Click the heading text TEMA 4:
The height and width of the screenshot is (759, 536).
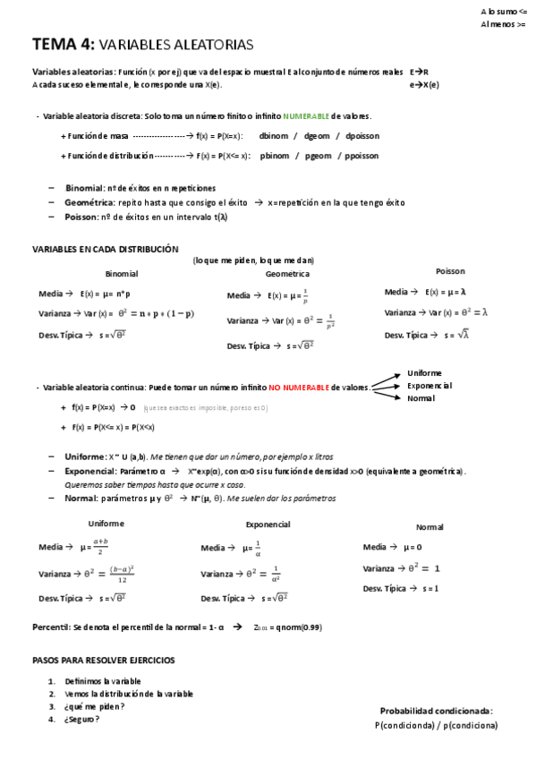(63, 44)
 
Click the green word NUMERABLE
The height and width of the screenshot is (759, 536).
(305, 116)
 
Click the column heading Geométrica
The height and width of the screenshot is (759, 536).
(287, 274)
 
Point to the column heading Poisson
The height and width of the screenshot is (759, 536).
(450, 271)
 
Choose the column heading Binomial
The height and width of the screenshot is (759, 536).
(122, 274)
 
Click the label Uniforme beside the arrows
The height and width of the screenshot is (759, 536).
(424, 372)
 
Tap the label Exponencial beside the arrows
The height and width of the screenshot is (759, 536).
(430, 385)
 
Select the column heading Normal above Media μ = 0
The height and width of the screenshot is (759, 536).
(430, 527)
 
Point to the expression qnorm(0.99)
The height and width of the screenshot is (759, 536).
(299, 627)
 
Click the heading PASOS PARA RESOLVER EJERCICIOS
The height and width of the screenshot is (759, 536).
(103, 661)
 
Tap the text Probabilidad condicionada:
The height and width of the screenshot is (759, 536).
(436, 711)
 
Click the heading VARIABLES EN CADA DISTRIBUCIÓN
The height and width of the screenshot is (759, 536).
(106, 249)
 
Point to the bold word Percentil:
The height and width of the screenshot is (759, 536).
(52, 627)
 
